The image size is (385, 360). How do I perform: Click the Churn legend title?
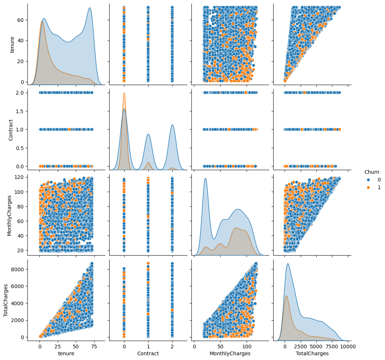pos(371,172)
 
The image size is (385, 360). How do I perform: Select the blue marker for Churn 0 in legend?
pos(368,180)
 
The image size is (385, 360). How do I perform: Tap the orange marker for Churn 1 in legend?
pos(368,187)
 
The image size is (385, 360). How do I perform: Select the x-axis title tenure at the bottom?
pos(66,353)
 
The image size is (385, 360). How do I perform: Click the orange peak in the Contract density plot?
pos(124,93)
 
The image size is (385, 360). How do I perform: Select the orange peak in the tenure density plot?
pos(42,21)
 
